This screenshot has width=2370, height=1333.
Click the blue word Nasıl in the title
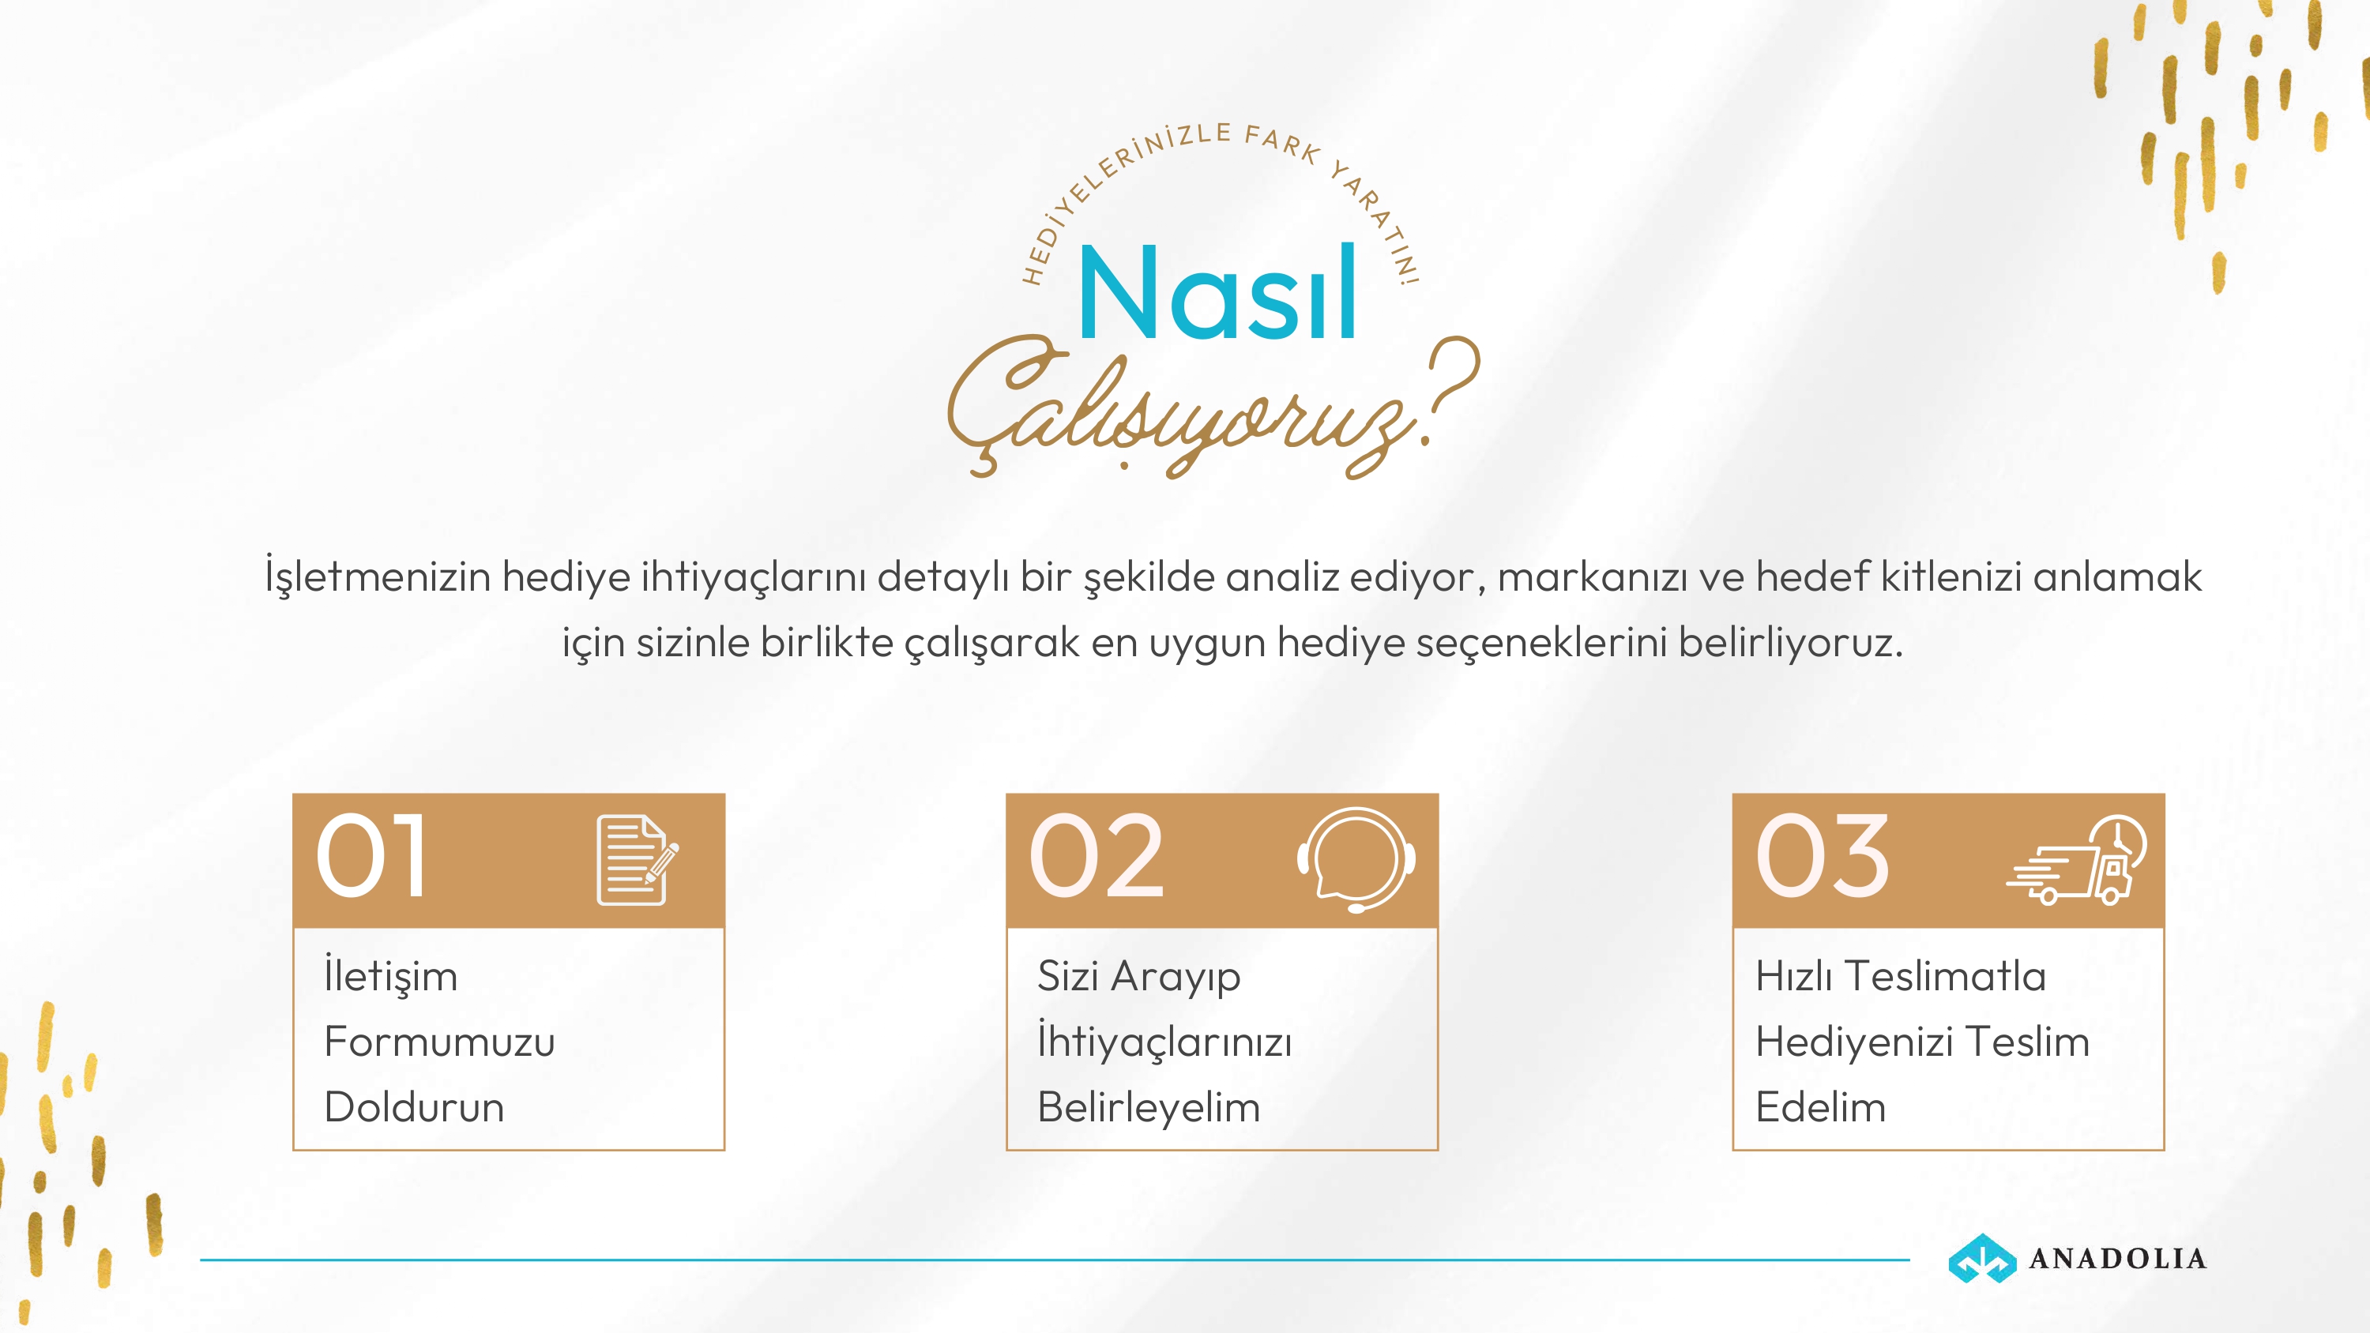pos(1217,291)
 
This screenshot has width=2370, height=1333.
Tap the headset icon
pos(1356,859)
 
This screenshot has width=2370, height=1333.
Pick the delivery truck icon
pos(2076,860)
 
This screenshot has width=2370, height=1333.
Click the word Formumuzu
pos(440,1042)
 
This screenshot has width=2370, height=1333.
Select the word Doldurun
pos(414,1106)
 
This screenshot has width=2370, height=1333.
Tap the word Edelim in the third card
pos(1821,1106)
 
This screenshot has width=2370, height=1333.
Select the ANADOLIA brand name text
pos(2118,1259)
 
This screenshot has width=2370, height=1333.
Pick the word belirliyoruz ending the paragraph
pos(1790,643)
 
